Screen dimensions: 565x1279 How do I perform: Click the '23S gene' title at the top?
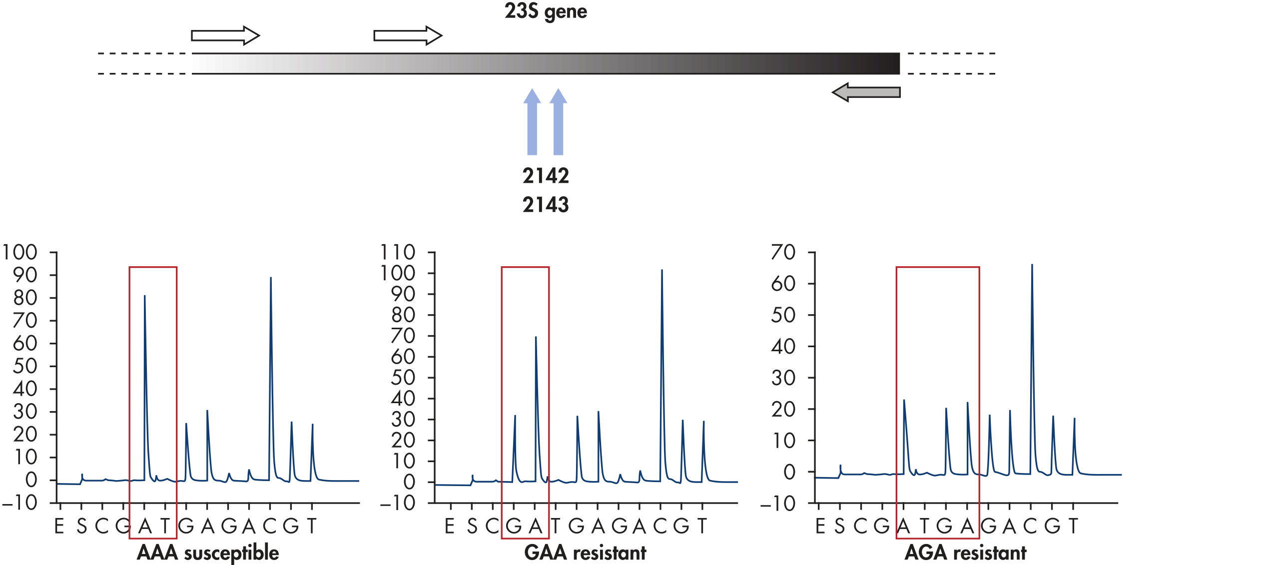pyautogui.click(x=546, y=11)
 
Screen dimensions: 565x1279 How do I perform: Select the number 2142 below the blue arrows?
pyautogui.click(x=546, y=176)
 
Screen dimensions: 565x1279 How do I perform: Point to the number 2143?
pyautogui.click(x=546, y=205)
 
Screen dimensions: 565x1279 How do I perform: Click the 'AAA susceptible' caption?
pyautogui.click(x=208, y=553)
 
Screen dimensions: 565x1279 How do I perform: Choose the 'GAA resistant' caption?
pyautogui.click(x=585, y=553)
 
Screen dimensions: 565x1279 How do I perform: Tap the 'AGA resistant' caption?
pyautogui.click(x=965, y=553)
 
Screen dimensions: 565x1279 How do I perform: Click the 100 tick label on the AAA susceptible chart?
pyautogui.click(x=20, y=252)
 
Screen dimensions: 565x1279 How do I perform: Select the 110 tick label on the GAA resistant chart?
pyautogui.click(x=398, y=252)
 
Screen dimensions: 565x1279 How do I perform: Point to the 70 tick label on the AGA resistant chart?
pyautogui.click(x=783, y=252)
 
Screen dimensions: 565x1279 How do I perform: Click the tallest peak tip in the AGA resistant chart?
pyautogui.click(x=1032, y=265)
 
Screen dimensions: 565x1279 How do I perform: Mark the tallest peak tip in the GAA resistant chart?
pyautogui.click(x=661, y=271)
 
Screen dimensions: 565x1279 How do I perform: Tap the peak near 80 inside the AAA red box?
pyautogui.click(x=144, y=296)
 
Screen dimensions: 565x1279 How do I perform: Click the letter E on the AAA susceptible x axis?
pyautogui.click(x=59, y=526)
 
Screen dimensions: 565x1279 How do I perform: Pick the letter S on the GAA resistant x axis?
pyautogui.click(x=472, y=526)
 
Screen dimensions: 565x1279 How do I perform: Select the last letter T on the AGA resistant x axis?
pyautogui.click(x=1073, y=526)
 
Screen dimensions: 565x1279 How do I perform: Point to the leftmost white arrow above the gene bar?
pyautogui.click(x=225, y=35)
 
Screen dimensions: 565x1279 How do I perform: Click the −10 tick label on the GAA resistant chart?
pyautogui.click(x=398, y=503)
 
